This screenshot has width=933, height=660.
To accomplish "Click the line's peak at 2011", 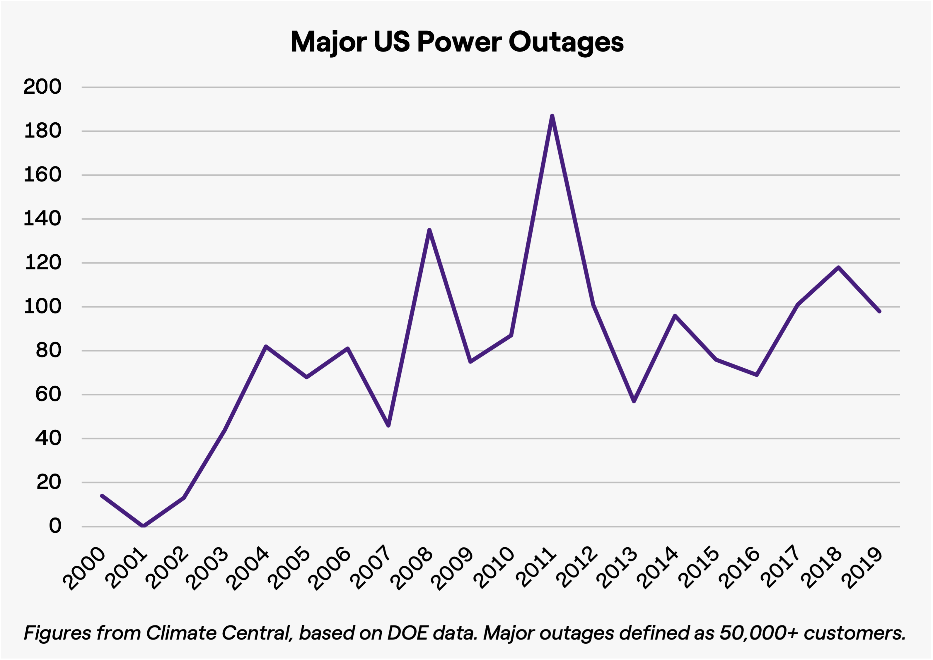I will click(552, 117).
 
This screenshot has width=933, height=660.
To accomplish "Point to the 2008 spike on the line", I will click(429, 230).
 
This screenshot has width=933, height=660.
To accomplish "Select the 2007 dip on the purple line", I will click(388, 425).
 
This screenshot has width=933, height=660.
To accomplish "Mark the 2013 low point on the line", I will click(634, 401).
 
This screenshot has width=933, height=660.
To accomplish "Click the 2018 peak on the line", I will click(838, 268).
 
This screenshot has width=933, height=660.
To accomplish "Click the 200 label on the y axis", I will click(42, 87).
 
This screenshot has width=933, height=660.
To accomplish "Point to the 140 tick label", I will click(42, 219).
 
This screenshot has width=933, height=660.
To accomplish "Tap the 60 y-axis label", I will click(48, 394).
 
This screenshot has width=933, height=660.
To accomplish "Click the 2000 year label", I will click(86, 569).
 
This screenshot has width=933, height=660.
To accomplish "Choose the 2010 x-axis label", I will click(495, 569).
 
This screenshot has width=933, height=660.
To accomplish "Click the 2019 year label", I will click(864, 569).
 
